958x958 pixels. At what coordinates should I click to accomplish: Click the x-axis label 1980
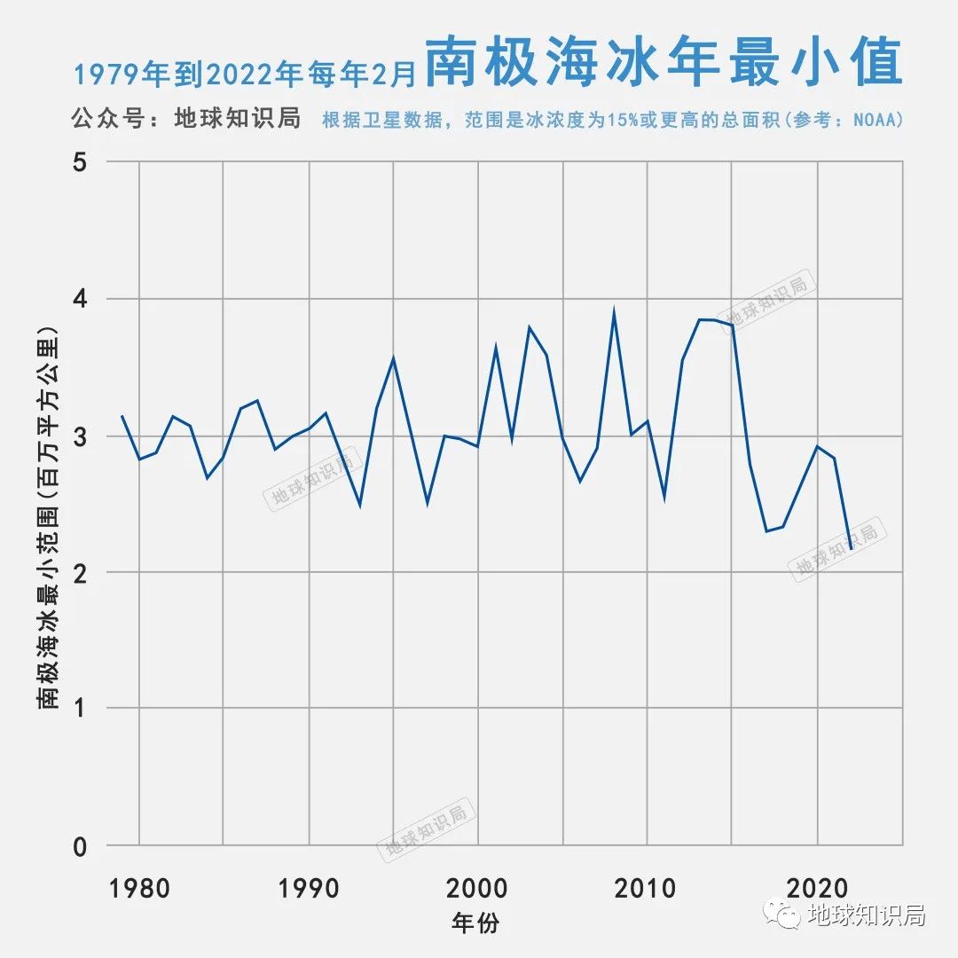pyautogui.click(x=139, y=888)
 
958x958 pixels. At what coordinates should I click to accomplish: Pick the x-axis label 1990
pyautogui.click(x=309, y=888)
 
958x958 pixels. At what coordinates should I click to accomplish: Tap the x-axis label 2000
pyautogui.click(x=478, y=888)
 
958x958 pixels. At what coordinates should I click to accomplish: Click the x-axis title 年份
pyautogui.click(x=475, y=923)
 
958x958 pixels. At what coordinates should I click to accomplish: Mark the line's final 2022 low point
pyautogui.click(x=851, y=549)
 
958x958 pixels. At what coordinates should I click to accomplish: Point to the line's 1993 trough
pyautogui.click(x=359, y=506)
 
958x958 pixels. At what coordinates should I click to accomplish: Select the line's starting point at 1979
pyautogui.click(x=122, y=416)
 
